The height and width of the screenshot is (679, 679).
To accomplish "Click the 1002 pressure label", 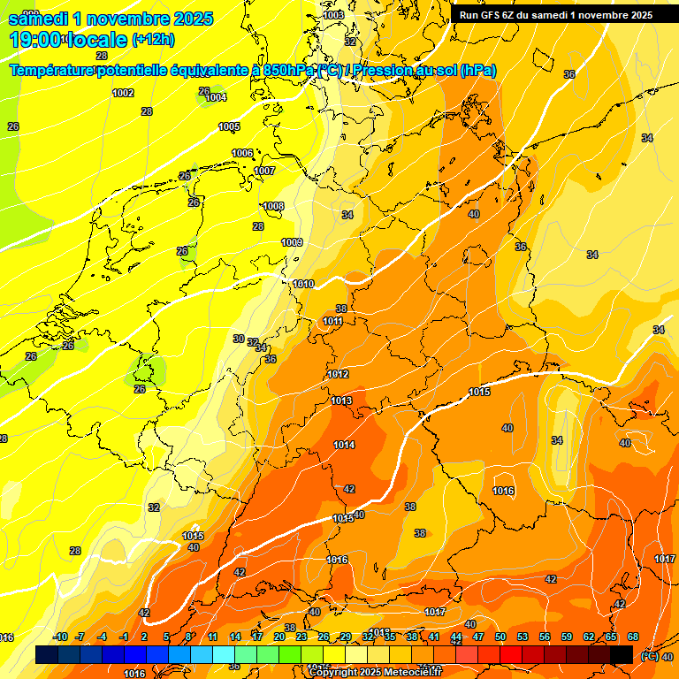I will coord(123,93).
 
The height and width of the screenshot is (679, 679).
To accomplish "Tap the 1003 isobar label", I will coord(333,15).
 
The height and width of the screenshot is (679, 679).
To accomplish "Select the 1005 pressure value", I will coord(229,126).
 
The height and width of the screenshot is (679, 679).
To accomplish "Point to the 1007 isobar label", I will coord(264,171).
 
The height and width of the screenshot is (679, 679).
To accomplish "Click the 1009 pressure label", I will coord(292,242).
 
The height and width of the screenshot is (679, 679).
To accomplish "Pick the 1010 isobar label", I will coord(303,284).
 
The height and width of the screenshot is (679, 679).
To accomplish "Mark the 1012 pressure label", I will coord(338,374).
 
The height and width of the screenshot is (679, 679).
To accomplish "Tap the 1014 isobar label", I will coord(344,445).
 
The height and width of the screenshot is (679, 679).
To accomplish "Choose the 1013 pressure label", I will coord(341,401).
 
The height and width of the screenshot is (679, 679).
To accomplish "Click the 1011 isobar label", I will coord(332,321).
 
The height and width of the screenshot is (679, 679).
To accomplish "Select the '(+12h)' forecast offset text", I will coord(153,40).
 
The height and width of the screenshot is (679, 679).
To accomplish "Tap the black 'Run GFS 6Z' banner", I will coord(555,15).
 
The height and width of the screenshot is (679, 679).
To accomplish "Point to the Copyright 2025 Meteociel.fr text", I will coord(376,673).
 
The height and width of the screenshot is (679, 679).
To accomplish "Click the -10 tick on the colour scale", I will coord(60,637).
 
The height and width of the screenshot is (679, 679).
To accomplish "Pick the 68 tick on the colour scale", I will coord(633,637).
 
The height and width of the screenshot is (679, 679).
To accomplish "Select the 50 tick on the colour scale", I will coord(500,637).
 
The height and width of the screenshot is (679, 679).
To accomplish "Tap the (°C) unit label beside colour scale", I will coord(647,656).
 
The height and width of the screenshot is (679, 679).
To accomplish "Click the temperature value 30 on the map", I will coord(239,339).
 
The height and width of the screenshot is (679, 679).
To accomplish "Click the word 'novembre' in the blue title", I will coord(130,19).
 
